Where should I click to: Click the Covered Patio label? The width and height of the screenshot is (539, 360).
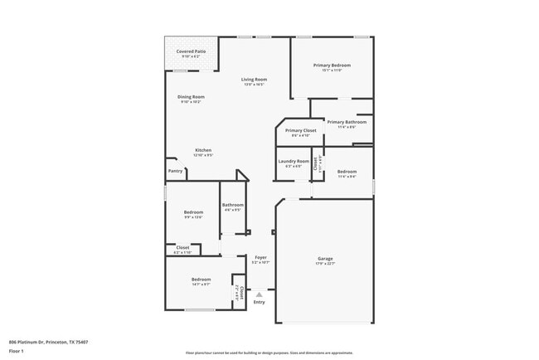(191, 51)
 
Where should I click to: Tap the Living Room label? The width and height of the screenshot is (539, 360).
(254, 79)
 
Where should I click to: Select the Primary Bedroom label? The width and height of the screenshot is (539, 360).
(332, 65)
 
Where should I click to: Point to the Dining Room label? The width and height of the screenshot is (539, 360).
(191, 96)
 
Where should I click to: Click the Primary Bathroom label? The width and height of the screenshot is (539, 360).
(347, 122)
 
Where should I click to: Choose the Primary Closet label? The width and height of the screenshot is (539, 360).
(300, 130)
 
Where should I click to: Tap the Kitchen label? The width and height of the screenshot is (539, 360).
(203, 150)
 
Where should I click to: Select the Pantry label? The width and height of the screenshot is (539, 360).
(175, 171)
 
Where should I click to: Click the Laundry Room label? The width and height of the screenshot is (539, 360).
(294, 161)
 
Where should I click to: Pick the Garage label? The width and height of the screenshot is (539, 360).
(325, 258)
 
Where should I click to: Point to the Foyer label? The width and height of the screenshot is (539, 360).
(260, 257)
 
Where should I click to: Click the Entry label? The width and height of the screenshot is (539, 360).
(260, 302)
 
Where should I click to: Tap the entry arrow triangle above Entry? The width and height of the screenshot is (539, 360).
(260, 294)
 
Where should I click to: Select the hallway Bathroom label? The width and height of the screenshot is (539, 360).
(232, 205)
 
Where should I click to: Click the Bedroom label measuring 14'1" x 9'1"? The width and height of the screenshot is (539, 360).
(202, 280)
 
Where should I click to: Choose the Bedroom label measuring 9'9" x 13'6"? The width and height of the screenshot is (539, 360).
(193, 212)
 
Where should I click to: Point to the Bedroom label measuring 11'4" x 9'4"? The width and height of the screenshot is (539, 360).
(347, 172)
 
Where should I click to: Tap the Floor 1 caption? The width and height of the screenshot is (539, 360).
(16, 351)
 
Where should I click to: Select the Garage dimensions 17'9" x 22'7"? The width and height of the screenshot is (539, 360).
(325, 264)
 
